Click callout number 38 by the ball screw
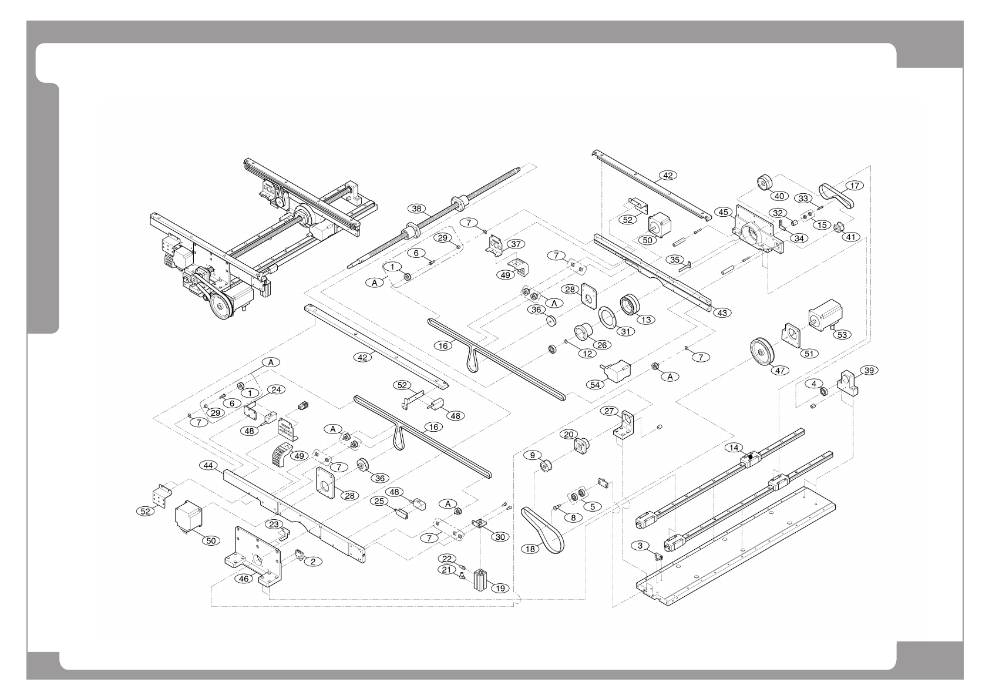416,209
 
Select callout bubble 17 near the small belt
855,186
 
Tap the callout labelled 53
842,334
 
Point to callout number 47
781,371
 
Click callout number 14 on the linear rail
733,447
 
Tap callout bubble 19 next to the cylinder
499,587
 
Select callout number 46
245,579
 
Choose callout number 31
626,331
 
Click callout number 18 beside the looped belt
530,549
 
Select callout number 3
640,546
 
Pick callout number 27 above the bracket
608,411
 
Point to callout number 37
516,243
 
